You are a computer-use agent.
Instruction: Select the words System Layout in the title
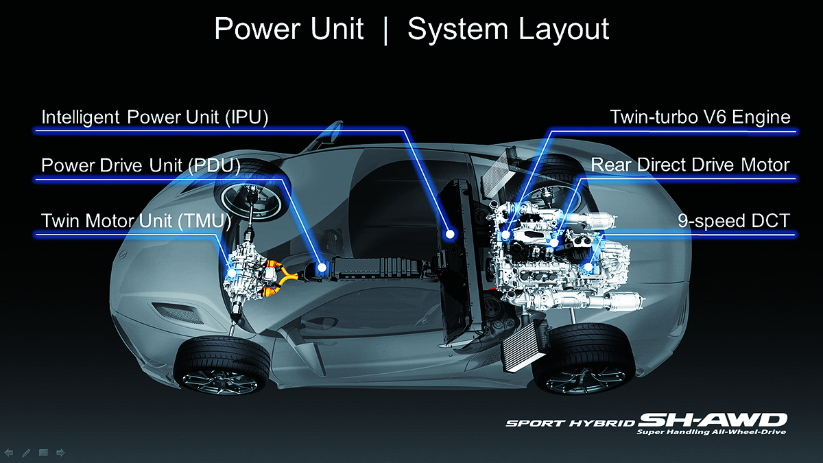[508, 30]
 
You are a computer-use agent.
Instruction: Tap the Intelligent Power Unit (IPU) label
[154, 117]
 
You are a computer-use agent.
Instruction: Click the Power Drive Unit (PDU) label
[141, 166]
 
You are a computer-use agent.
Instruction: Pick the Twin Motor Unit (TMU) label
[136, 221]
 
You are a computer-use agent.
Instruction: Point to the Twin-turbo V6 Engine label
[700, 117]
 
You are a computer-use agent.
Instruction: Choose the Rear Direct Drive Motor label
[690, 165]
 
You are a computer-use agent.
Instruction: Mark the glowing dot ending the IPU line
[450, 234]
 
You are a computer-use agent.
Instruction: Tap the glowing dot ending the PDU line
[320, 266]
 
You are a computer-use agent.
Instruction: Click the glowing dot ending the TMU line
[232, 272]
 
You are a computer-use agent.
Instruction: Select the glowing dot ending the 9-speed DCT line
[587, 267]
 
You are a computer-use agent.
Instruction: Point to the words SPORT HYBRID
[571, 423]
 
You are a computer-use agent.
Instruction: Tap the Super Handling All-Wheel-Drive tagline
[711, 433]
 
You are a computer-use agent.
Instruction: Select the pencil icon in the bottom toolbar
[26, 453]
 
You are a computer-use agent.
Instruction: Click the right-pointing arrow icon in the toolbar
[60, 453]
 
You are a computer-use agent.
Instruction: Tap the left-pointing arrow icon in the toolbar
[9, 453]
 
